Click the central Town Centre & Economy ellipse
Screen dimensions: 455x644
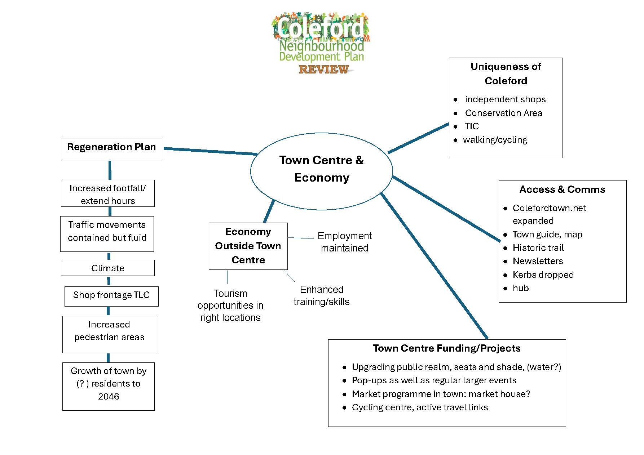(x=321, y=169)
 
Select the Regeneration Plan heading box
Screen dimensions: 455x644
(x=111, y=149)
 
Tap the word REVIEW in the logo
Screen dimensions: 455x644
(x=323, y=69)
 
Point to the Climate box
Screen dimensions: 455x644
(x=107, y=268)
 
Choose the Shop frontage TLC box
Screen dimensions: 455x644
(x=111, y=296)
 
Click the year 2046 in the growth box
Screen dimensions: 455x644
(x=109, y=396)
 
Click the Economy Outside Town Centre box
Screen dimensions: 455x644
(x=248, y=246)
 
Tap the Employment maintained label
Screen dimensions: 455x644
(x=344, y=242)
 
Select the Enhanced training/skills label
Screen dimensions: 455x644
(x=321, y=295)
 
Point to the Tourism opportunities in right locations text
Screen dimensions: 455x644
(x=230, y=305)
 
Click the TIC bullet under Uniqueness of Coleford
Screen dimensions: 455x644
(x=472, y=126)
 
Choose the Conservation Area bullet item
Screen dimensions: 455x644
(x=503, y=113)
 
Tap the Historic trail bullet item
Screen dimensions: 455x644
(x=538, y=248)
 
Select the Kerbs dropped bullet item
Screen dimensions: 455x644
(x=543, y=275)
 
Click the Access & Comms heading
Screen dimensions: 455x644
(x=562, y=189)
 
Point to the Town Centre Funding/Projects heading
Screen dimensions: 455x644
(x=446, y=348)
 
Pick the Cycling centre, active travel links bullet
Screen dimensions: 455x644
(x=420, y=407)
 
